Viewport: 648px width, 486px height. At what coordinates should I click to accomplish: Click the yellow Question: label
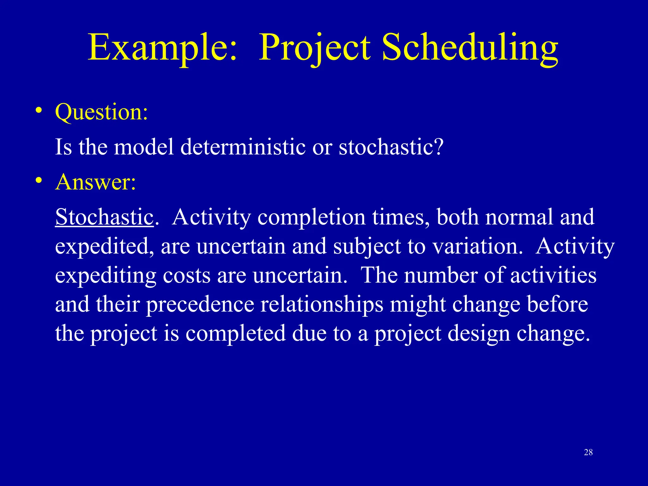click(x=101, y=112)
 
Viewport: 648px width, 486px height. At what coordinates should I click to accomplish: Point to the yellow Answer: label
click(x=96, y=182)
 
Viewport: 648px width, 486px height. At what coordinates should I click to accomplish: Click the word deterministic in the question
click(x=243, y=147)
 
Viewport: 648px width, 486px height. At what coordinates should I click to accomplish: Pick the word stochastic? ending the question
click(x=391, y=147)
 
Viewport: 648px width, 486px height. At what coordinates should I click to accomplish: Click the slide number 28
click(x=588, y=452)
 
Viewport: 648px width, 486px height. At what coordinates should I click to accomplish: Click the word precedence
click(x=200, y=305)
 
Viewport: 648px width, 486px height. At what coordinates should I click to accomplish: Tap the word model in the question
click(x=144, y=147)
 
